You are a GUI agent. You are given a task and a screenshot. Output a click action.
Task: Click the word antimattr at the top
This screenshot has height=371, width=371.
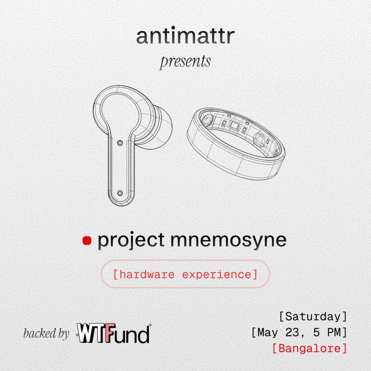click(x=185, y=36)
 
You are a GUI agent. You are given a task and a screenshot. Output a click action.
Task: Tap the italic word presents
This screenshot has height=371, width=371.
click(x=185, y=62)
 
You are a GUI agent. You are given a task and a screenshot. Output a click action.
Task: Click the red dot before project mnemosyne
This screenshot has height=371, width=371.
click(x=87, y=241)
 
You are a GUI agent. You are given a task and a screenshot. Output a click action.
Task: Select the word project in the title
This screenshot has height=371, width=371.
click(x=131, y=241)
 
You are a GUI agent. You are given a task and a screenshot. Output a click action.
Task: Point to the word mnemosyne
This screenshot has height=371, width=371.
click(x=229, y=241)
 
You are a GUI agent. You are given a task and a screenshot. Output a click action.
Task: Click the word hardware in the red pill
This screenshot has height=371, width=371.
click(x=147, y=275)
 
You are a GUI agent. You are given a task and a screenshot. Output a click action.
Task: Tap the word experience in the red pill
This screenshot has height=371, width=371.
click(x=217, y=275)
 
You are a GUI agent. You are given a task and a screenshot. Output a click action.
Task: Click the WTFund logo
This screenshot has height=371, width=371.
click(x=114, y=333)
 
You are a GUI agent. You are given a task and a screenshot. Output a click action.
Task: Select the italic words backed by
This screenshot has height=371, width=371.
click(x=46, y=333)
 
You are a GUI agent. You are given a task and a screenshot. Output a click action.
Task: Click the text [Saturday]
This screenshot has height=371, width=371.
click(x=313, y=317)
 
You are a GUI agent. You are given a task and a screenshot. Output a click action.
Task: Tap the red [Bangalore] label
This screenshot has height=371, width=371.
click(x=309, y=349)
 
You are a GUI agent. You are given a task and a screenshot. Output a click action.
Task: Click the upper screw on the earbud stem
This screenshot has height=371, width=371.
click(x=120, y=143)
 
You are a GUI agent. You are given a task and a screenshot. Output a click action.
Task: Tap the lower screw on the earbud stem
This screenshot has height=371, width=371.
click(x=120, y=193)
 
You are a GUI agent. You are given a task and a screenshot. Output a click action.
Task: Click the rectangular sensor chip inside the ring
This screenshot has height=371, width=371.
click(x=234, y=126)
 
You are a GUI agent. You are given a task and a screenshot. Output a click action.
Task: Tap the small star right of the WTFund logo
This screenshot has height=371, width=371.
click(x=150, y=326)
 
